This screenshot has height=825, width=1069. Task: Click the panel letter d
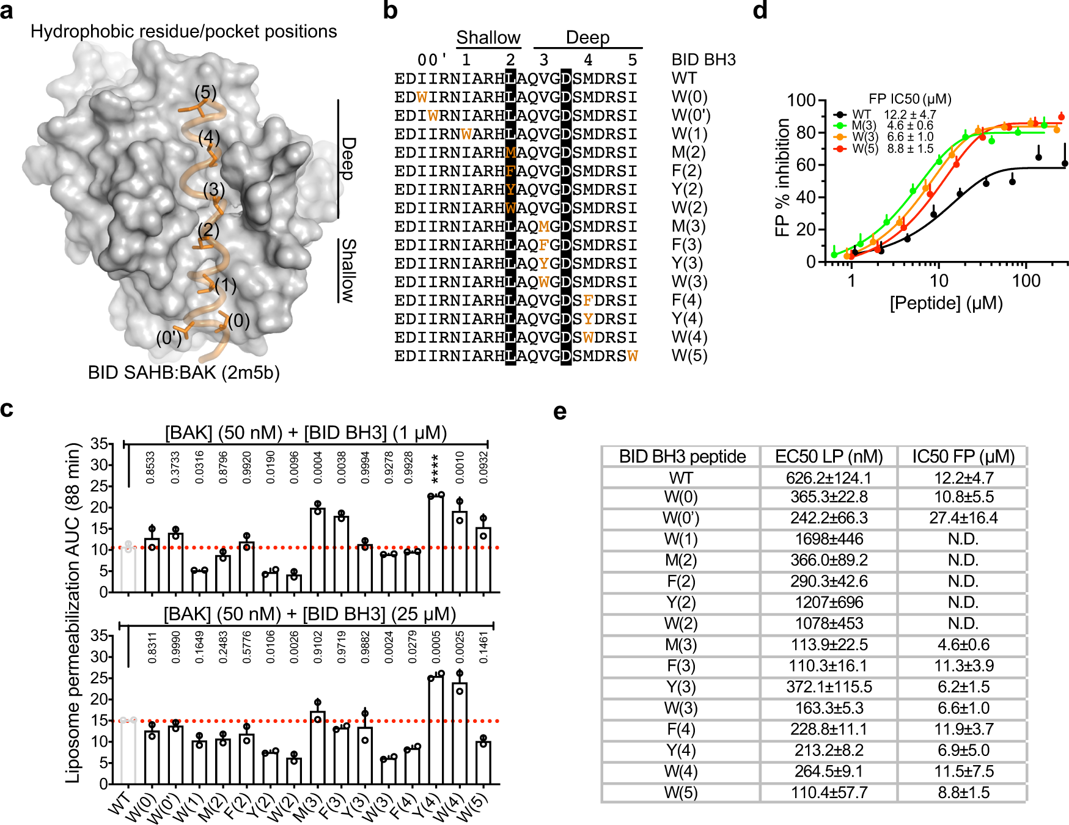click(x=760, y=10)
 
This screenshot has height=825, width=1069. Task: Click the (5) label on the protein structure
click(x=205, y=92)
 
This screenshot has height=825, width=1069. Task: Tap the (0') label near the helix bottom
click(x=169, y=337)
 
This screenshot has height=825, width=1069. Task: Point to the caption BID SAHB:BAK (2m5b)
click(x=183, y=372)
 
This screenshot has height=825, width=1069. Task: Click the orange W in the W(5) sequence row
click(x=633, y=356)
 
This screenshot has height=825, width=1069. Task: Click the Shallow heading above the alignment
click(x=488, y=38)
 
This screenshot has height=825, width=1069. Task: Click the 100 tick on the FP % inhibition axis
click(x=801, y=100)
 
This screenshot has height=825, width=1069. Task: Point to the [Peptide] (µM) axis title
click(x=946, y=303)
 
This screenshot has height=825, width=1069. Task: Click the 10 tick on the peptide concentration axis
click(x=938, y=281)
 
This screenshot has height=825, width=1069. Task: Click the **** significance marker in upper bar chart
click(x=436, y=468)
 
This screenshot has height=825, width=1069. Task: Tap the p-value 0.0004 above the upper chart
click(x=318, y=468)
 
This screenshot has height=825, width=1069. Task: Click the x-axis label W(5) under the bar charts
click(x=474, y=807)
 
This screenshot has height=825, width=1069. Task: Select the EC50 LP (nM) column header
click(x=829, y=457)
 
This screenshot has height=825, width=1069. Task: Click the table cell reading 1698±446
click(x=829, y=539)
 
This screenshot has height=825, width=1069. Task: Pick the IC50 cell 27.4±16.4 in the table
click(x=963, y=518)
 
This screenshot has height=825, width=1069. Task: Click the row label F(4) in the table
click(x=681, y=729)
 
